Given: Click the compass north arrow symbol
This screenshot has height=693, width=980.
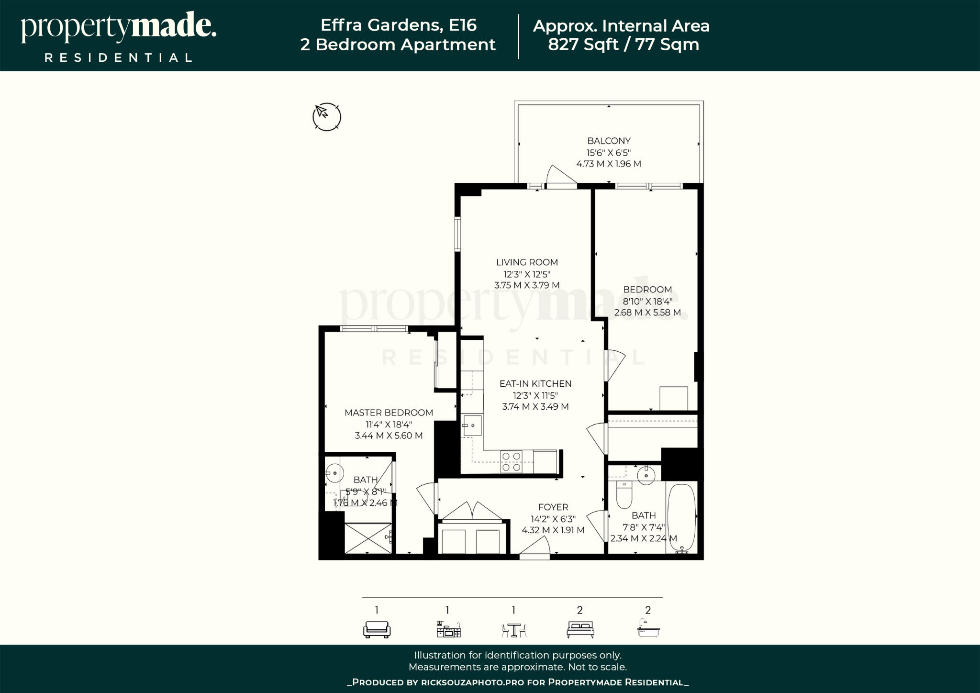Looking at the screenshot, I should pos(326,117).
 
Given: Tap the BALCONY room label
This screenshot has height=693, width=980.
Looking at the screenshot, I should pos(609,141).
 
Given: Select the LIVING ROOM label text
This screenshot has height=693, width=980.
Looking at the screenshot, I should pos(527,262).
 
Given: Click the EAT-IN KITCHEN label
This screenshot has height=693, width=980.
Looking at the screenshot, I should pos(535,384).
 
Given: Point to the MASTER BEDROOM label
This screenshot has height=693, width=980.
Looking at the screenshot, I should pos(389,413).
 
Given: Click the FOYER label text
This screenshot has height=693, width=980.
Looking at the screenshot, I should pos(553,507).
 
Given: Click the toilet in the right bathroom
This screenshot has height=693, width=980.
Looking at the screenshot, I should pos(624,495).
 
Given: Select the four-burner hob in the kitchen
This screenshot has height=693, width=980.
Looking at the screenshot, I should pos(511,462).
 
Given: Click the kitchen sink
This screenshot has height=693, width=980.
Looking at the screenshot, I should pos(471,425).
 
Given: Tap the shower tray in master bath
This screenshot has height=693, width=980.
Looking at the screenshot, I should pos(368,538).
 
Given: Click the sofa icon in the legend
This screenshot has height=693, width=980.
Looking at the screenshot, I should pos(377,629).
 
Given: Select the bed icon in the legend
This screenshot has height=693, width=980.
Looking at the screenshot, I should pos(580,629).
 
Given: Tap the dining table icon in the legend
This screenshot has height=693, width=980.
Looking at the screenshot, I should pos(513,630).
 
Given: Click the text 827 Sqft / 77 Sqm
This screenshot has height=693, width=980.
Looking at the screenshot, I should pos(623,45).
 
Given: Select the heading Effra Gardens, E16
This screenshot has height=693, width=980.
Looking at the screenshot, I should pos(398,25).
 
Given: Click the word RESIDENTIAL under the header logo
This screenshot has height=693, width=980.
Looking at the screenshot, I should pos(119,58).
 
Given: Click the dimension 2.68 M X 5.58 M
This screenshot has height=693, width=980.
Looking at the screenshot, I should pos(647,313).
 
